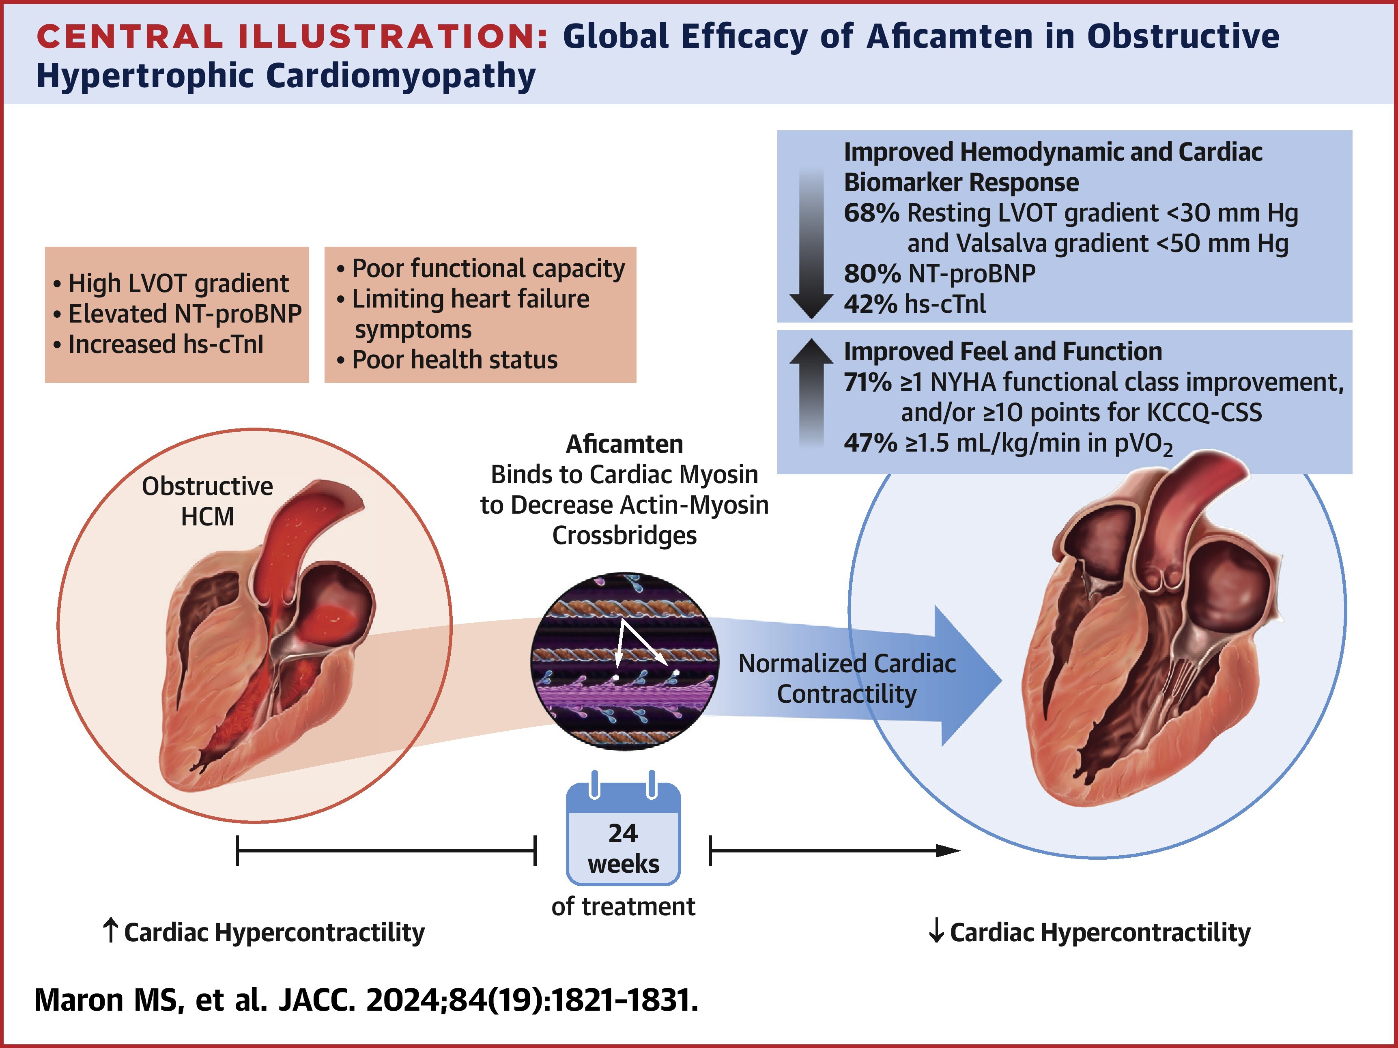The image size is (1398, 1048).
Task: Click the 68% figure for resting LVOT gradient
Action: pyautogui.click(x=871, y=213)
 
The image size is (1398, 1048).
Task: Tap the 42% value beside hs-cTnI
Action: pyautogui.click(x=870, y=304)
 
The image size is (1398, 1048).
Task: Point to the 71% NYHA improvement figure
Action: pyautogui.click(x=867, y=383)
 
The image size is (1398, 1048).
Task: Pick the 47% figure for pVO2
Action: pyautogui.click(x=870, y=443)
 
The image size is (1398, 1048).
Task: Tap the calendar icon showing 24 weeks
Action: pyautogui.click(x=623, y=828)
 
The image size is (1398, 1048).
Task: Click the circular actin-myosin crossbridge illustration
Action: pyautogui.click(x=624, y=662)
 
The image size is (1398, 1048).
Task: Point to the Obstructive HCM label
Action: pyautogui.click(x=207, y=501)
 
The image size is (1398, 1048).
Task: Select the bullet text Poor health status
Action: pyautogui.click(x=454, y=359)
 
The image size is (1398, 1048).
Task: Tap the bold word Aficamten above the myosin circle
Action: pyautogui.click(x=624, y=444)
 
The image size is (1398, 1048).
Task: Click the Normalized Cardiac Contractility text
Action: pyautogui.click(x=847, y=679)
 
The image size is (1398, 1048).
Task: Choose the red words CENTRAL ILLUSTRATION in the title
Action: pyautogui.click(x=293, y=37)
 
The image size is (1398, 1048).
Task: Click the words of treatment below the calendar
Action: pyautogui.click(x=623, y=906)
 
